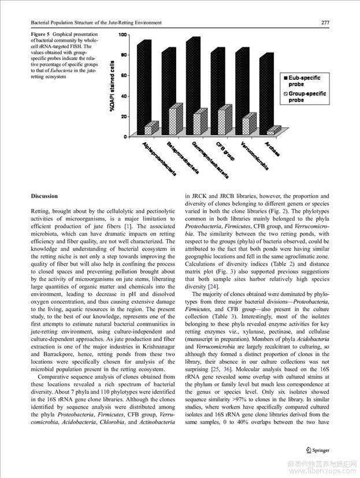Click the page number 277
coord(325,23)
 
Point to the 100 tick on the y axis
coord(123,35)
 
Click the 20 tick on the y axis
coord(124,116)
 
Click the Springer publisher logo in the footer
coord(317,449)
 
